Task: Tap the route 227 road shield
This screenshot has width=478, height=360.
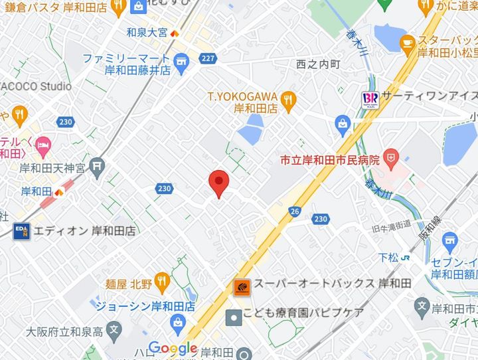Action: point(208,58)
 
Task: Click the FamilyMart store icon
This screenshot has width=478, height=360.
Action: point(180,65)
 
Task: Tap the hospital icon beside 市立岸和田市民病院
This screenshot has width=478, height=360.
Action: point(392,159)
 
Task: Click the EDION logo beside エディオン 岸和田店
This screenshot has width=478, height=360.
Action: point(21,231)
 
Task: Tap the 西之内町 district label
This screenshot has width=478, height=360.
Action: point(319,64)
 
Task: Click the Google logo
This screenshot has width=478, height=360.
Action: point(173,347)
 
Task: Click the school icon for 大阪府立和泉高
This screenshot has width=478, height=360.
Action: point(114,329)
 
